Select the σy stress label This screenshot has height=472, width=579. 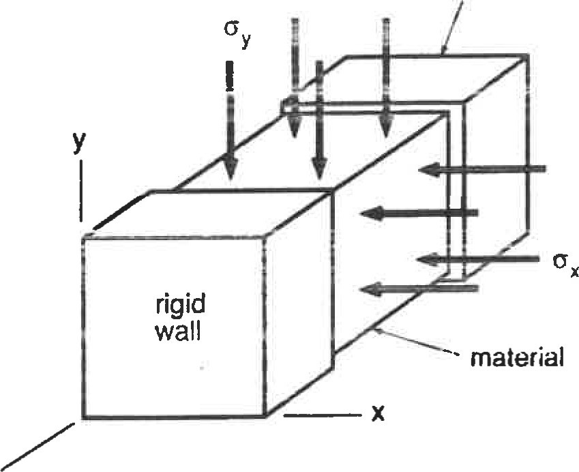(237, 35)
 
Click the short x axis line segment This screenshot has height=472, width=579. (320, 415)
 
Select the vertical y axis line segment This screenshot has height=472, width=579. (81, 191)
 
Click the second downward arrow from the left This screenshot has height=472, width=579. (294, 75)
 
